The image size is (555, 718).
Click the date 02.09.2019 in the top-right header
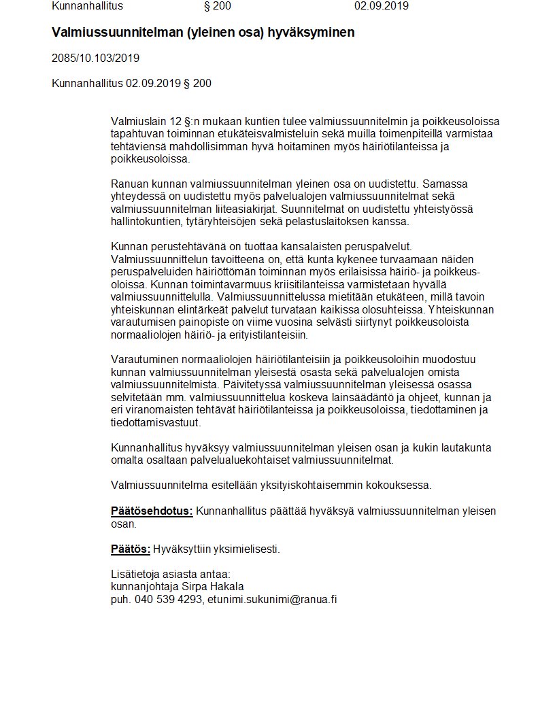point(381,6)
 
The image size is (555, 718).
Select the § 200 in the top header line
point(218,6)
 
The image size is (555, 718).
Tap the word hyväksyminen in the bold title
point(316,32)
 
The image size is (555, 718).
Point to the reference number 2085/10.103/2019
point(95,58)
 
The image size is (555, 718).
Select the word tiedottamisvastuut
point(156,423)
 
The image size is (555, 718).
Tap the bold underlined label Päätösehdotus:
point(152,511)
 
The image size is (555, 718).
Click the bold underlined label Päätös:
point(130,549)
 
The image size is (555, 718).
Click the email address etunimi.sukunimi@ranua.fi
point(273,599)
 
